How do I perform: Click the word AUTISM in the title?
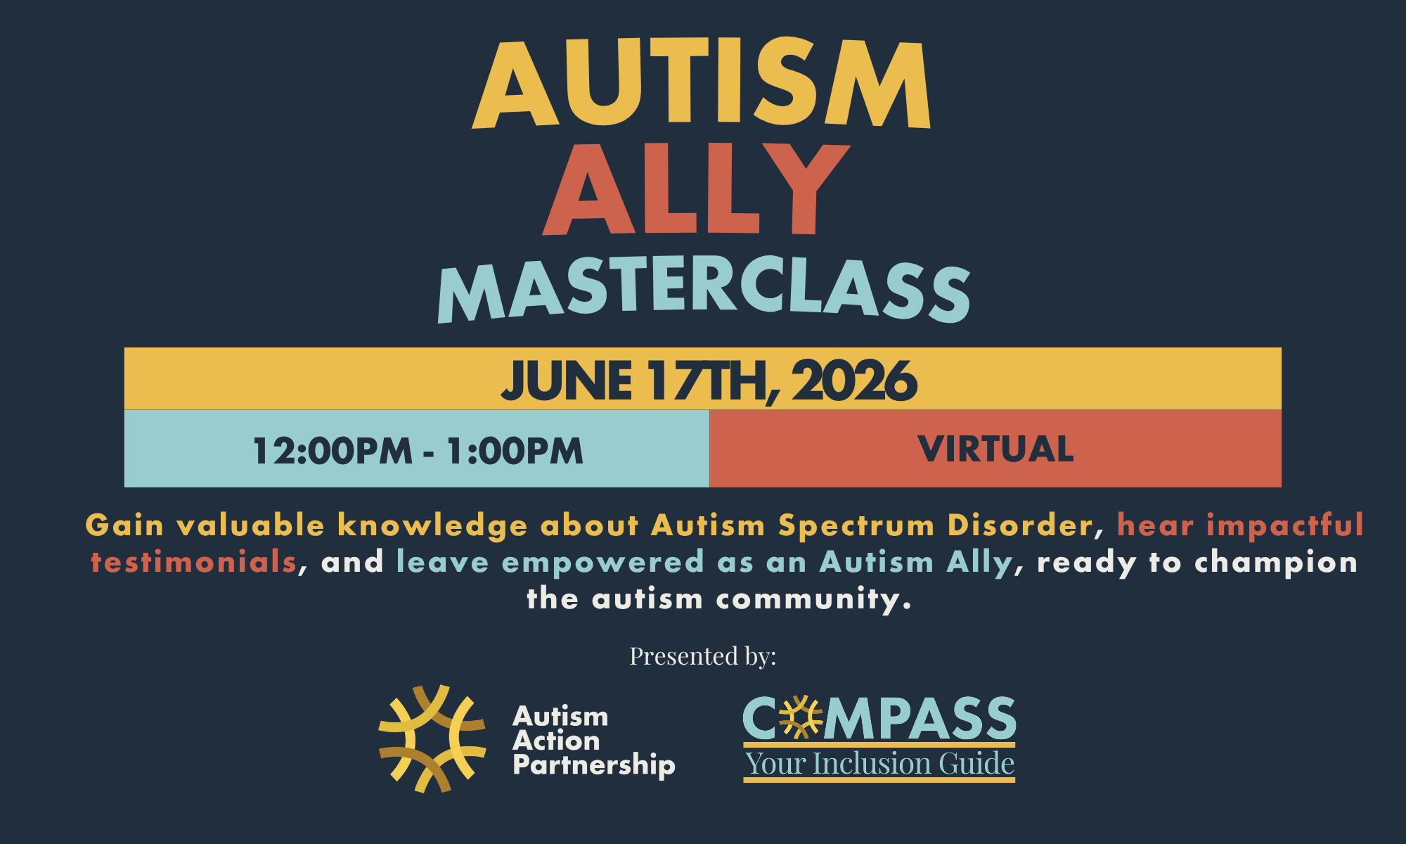click(702, 83)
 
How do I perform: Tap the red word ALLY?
click(696, 188)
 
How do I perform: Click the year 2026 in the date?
click(854, 381)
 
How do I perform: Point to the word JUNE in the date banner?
click(566, 381)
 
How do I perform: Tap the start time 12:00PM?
click(333, 451)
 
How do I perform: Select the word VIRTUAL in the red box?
click(995, 449)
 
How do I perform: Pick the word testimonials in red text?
click(194, 562)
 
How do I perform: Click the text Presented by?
click(703, 656)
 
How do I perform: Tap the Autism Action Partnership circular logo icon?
click(432, 738)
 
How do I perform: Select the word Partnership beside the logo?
click(594, 765)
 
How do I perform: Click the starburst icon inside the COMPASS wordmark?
click(801, 717)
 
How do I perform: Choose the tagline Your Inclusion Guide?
click(879, 764)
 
